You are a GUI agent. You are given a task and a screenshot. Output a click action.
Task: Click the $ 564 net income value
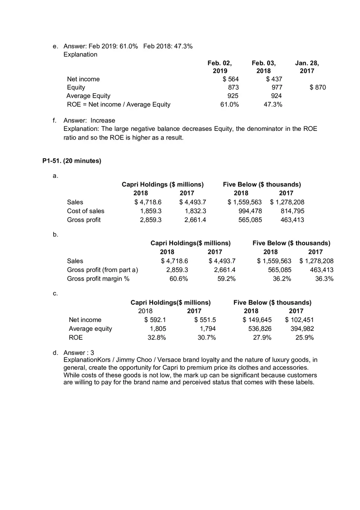point(231,79)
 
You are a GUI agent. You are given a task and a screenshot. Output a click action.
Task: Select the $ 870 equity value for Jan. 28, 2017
point(318,88)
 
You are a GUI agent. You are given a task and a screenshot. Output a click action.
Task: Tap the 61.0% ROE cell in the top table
point(229,104)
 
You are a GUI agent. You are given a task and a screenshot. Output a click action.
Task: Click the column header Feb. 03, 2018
point(263,67)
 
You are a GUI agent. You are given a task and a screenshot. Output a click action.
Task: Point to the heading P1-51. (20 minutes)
point(72,161)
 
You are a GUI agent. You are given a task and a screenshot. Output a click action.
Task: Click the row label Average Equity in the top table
point(88,96)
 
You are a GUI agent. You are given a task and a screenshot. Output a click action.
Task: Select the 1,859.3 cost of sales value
point(151,211)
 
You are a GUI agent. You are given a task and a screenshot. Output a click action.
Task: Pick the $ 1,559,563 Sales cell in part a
point(245,202)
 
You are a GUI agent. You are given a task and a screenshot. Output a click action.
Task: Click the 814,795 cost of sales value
point(292,211)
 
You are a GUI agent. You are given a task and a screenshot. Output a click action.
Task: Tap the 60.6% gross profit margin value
point(179,279)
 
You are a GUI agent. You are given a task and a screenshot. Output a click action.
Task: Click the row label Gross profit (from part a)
point(102,270)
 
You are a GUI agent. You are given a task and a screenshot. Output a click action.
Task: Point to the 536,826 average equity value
point(260,329)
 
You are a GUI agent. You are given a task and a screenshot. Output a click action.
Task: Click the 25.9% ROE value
point(304,337)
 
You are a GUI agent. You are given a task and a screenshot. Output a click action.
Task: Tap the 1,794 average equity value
point(207,329)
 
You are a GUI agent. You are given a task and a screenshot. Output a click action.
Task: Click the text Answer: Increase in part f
point(89,120)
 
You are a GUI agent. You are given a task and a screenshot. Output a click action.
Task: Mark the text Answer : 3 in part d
point(79,353)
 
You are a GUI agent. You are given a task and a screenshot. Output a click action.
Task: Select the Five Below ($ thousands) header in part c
point(272,303)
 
